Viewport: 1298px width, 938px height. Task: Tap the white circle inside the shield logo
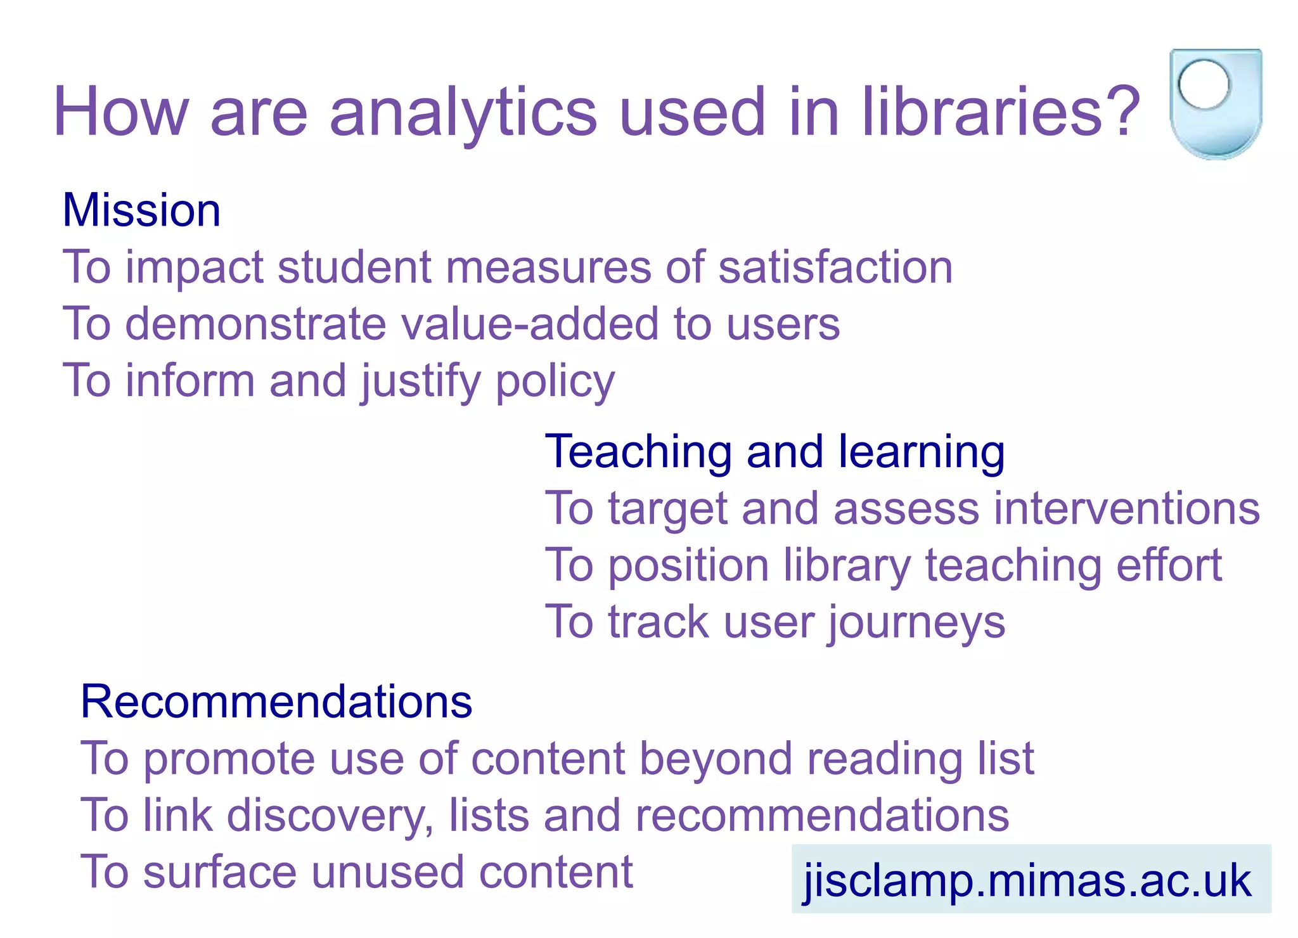point(1204,84)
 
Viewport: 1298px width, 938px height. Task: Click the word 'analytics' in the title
point(463,113)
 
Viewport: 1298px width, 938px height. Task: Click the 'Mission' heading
point(141,210)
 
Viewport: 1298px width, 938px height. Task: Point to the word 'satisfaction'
point(835,267)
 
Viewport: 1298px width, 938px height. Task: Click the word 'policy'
point(555,382)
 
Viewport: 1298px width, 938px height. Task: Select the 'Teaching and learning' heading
point(774,452)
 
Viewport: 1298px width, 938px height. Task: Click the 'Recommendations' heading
point(276,702)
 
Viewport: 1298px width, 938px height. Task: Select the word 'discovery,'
point(330,816)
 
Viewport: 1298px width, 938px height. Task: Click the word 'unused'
point(387,873)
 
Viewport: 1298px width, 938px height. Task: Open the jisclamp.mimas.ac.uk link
point(1027,880)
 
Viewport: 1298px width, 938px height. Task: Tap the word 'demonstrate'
point(255,324)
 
